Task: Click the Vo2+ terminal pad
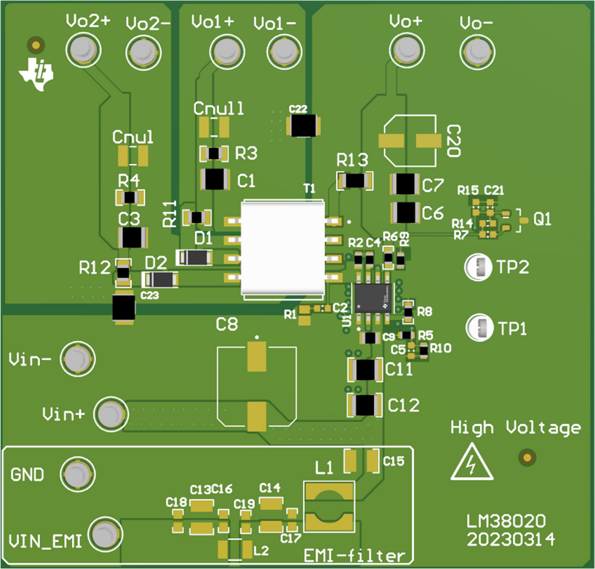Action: click(x=83, y=50)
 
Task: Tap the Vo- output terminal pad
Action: click(x=477, y=51)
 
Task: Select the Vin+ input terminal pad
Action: click(x=111, y=414)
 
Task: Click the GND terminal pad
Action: click(x=78, y=475)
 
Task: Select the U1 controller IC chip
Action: click(x=371, y=298)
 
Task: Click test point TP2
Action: click(x=478, y=266)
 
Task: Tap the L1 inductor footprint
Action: click(x=329, y=506)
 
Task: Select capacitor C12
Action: click(x=365, y=405)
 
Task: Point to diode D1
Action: click(x=195, y=257)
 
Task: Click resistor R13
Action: click(x=355, y=181)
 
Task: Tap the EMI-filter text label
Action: click(x=354, y=555)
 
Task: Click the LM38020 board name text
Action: click(x=506, y=521)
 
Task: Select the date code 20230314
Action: click(x=511, y=539)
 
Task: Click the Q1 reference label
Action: click(x=542, y=219)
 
